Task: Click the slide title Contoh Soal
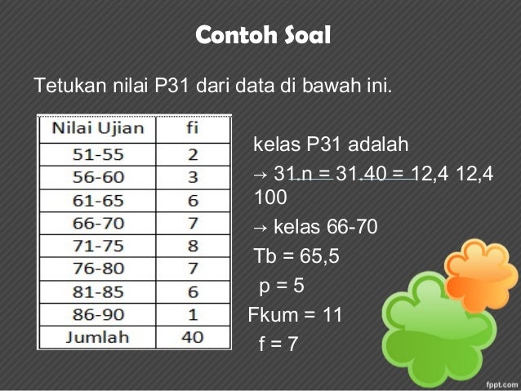(x=263, y=37)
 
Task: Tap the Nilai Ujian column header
(x=99, y=128)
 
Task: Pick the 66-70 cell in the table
(x=76, y=222)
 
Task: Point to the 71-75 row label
(x=76, y=245)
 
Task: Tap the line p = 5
(x=285, y=287)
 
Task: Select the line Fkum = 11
(x=295, y=315)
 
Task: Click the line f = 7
(x=278, y=344)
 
